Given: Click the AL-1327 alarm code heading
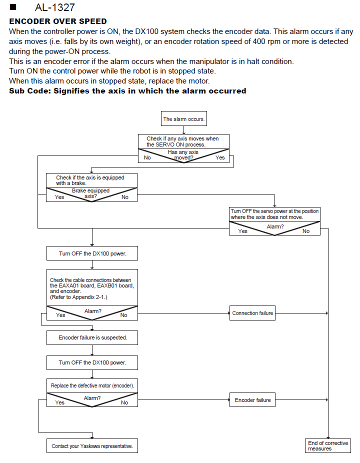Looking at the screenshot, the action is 55,7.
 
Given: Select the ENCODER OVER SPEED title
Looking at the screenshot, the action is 58,21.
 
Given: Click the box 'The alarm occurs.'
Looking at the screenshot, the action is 183,118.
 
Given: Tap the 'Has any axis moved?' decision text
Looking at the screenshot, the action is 183,154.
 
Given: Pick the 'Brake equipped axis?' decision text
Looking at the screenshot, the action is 90,193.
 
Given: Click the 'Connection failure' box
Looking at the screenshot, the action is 252,313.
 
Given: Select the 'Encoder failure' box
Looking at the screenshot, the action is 252,400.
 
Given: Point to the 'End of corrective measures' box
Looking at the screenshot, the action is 328,445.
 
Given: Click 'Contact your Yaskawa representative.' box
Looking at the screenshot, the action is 92,446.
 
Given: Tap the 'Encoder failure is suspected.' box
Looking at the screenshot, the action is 92,337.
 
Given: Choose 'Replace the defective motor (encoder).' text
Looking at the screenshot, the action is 92,385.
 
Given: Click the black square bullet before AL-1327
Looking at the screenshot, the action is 12,7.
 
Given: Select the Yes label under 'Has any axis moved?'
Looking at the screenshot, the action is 220,157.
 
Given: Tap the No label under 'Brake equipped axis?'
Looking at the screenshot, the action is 125,197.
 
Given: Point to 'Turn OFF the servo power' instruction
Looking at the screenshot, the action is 274,214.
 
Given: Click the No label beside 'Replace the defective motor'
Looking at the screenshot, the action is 124,402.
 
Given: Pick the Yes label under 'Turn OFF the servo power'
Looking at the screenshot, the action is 243,231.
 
